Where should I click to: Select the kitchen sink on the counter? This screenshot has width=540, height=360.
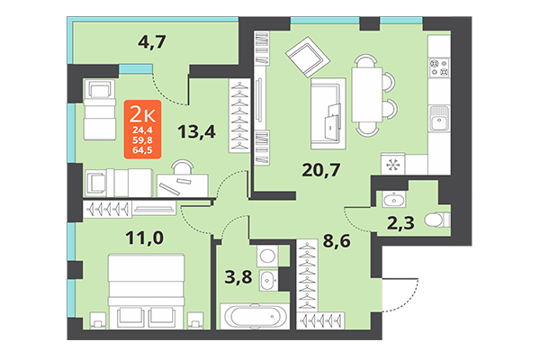(x=440, y=118)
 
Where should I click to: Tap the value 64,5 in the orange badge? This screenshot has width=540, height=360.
(x=143, y=150)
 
